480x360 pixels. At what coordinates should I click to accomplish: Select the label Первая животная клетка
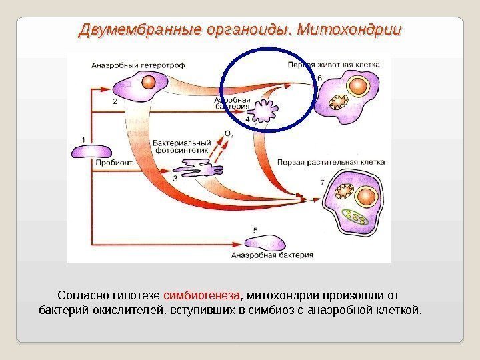tap(333, 65)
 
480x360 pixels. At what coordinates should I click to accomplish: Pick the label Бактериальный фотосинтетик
tap(181, 147)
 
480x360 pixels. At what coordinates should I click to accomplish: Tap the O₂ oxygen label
tap(228, 134)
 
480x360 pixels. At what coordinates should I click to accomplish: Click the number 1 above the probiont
tap(83, 139)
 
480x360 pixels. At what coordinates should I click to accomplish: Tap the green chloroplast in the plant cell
tap(359, 217)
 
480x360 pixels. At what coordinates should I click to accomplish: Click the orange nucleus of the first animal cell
tap(360, 87)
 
